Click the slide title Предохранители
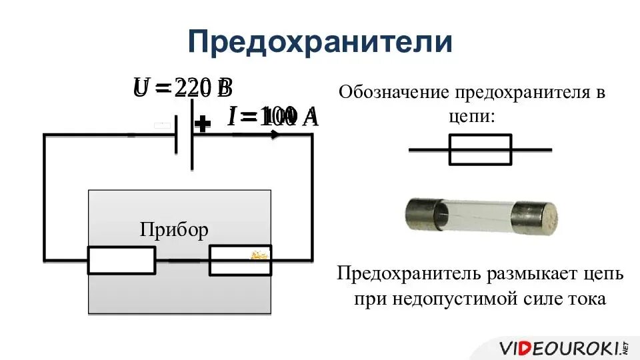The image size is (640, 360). click(x=320, y=41)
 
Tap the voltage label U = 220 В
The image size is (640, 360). click(x=182, y=88)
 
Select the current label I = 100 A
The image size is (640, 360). click(x=273, y=117)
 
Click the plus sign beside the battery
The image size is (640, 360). click(x=203, y=124)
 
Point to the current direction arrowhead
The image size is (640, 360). click(x=275, y=134)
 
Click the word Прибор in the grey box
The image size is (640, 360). click(x=174, y=230)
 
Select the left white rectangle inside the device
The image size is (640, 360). click(x=121, y=260)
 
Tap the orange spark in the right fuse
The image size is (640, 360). click(x=259, y=255)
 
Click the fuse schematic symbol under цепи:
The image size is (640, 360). click(x=480, y=149)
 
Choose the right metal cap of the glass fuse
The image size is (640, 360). click(x=534, y=217)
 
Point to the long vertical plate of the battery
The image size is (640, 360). click(x=192, y=134)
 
